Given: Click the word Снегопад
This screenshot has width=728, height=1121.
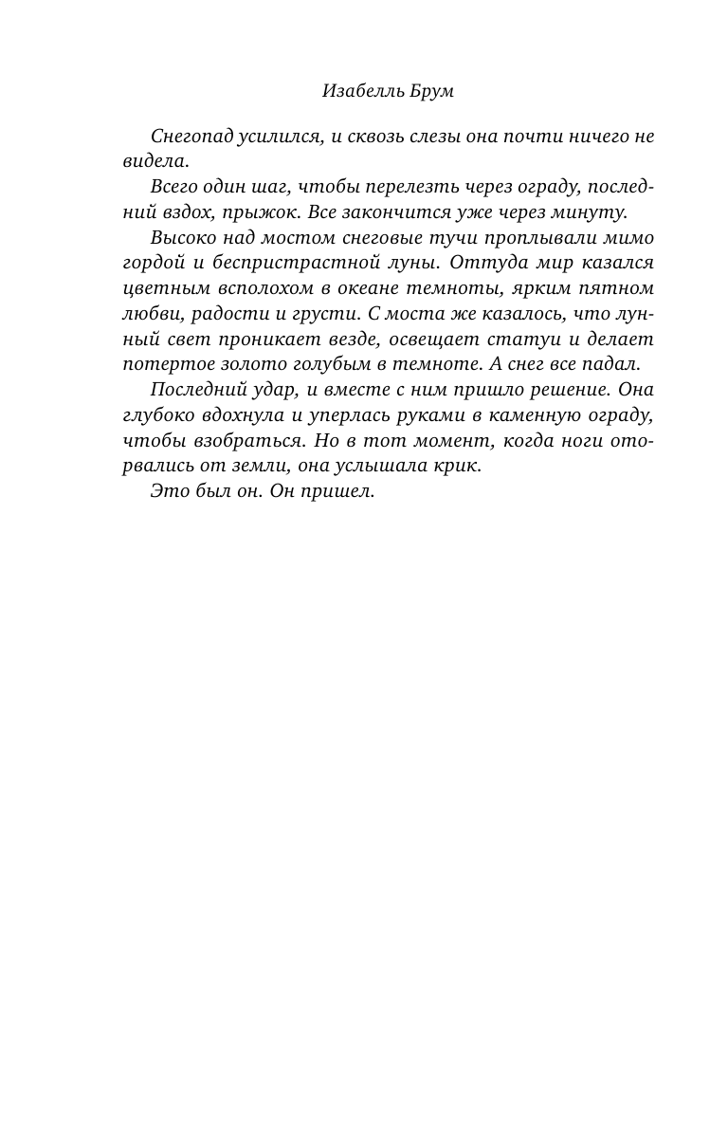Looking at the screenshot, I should [x=190, y=136].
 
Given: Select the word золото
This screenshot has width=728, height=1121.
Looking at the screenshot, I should [x=247, y=364].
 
